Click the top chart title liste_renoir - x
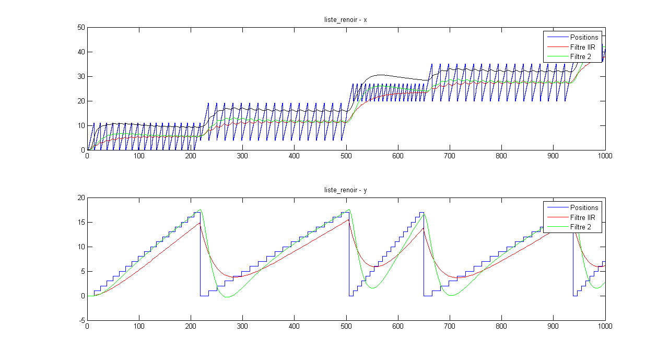click(x=346, y=20)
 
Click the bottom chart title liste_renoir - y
click(x=346, y=190)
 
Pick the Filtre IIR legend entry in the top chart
click(x=582, y=47)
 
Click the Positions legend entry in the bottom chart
click(x=584, y=208)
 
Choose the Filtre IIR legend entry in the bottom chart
click(x=582, y=217)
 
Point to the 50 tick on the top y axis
click(x=81, y=28)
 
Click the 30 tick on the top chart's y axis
click(x=81, y=77)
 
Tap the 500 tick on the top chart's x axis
click(x=294, y=156)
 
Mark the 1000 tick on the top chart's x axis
click(x=605, y=156)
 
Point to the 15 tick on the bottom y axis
click(x=81, y=222)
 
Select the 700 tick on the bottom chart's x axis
click(x=398, y=326)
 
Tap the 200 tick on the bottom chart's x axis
click(x=191, y=326)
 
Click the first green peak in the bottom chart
click(x=200, y=210)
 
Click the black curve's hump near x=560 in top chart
click(x=379, y=75)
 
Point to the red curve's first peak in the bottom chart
click(x=199, y=223)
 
